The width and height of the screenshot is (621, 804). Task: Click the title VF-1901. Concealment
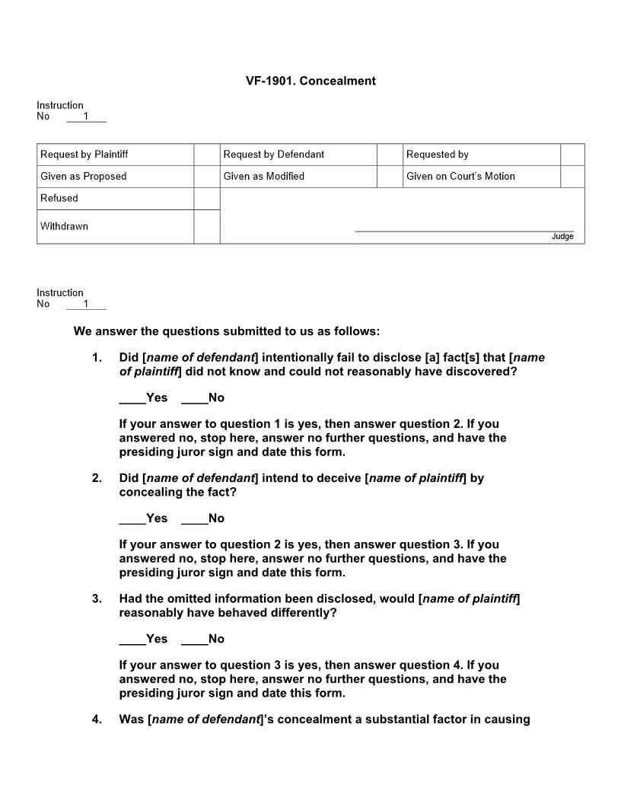click(x=310, y=81)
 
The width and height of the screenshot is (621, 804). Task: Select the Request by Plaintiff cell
click(x=84, y=155)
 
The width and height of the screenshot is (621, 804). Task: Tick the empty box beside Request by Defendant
click(x=390, y=155)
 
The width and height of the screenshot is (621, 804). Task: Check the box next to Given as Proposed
click(x=206, y=177)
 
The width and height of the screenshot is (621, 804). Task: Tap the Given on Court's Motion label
click(x=460, y=177)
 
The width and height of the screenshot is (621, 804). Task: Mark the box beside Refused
click(x=206, y=199)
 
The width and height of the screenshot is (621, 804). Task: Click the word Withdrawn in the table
click(x=64, y=226)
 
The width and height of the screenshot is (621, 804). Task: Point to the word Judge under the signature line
click(x=562, y=237)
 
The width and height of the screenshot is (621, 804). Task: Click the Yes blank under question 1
click(x=132, y=398)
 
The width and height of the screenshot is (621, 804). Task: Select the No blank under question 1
click(x=194, y=398)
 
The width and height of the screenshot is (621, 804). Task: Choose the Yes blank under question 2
click(x=132, y=518)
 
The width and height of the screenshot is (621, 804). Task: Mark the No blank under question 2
click(x=194, y=518)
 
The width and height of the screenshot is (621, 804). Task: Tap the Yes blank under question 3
click(x=132, y=639)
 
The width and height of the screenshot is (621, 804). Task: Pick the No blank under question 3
click(x=194, y=639)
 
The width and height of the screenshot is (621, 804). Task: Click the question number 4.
click(x=97, y=719)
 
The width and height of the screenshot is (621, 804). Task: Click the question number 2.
click(x=97, y=478)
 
